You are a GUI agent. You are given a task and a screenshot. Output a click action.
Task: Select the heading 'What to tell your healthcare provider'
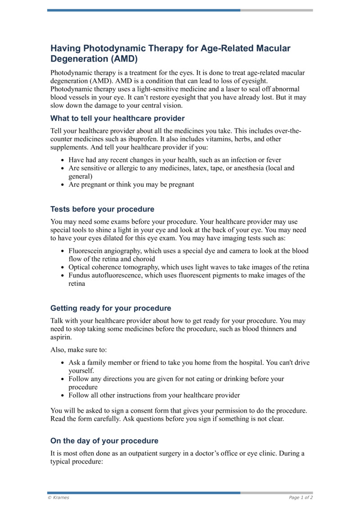[x=117, y=118]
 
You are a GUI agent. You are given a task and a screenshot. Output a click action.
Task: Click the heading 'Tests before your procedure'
[x=102, y=209]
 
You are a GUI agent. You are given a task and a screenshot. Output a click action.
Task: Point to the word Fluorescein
[x=87, y=251]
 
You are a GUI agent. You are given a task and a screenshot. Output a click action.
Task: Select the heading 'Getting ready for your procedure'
[x=111, y=308]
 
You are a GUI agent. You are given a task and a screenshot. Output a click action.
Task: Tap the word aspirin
[x=61, y=337]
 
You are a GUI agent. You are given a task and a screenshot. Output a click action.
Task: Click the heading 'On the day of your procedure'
[x=104, y=441]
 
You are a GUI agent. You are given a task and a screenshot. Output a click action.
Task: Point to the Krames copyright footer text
[x=58, y=497]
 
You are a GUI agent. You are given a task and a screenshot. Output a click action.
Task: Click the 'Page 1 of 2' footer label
[x=301, y=497]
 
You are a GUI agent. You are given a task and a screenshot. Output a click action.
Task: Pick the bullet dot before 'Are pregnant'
[x=62, y=185]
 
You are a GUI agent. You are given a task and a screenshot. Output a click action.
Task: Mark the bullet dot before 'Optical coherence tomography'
[x=62, y=267]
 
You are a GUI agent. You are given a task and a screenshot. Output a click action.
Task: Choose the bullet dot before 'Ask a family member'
[x=62, y=363]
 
